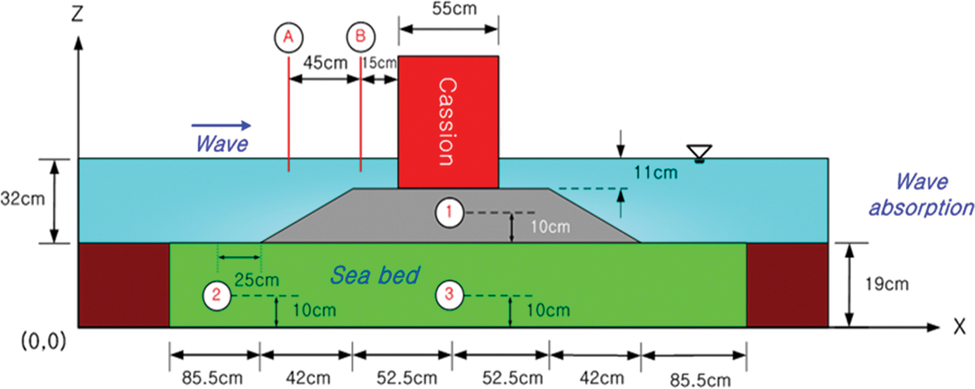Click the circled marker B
[361, 37]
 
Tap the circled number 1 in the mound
[449, 213]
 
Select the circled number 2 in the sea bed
[216, 295]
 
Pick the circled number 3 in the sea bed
[449, 294]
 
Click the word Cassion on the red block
[447, 122]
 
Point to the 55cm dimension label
[454, 9]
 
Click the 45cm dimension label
[325, 63]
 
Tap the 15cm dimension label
[379, 63]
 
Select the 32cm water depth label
[23, 199]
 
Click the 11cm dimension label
[656, 173]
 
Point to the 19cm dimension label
[887, 284]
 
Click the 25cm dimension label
[257, 280]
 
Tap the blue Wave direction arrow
[221, 125]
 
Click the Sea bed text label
[375, 275]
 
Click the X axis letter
[960, 326]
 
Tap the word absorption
[921, 208]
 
